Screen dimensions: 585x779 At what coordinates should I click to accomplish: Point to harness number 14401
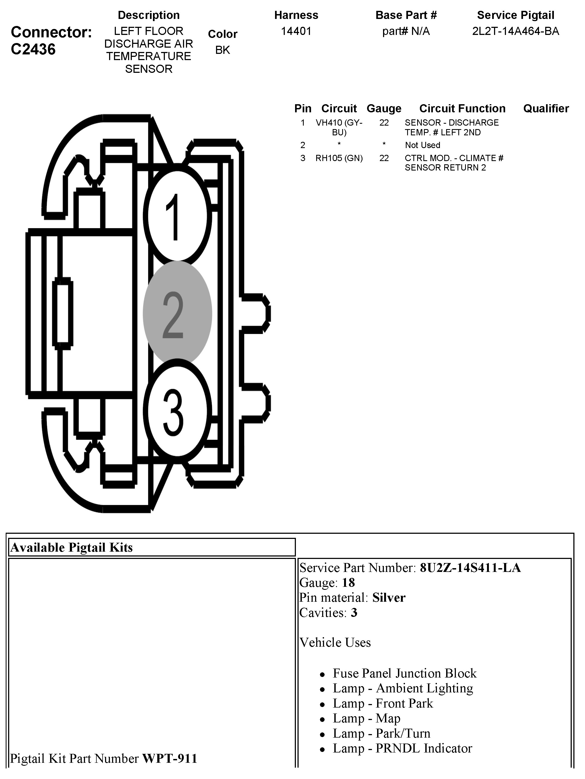(x=296, y=31)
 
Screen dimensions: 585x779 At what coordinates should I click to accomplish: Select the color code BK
(x=223, y=50)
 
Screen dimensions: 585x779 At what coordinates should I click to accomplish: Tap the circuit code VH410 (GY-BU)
(x=339, y=127)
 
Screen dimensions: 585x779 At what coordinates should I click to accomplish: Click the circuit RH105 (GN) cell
(x=339, y=158)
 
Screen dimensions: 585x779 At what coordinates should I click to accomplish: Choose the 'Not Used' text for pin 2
(x=422, y=145)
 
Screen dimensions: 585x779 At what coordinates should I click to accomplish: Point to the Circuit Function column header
(x=462, y=109)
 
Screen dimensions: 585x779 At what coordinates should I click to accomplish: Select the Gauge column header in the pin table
(x=384, y=109)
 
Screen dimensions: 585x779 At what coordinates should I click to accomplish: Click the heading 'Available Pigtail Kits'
(x=71, y=548)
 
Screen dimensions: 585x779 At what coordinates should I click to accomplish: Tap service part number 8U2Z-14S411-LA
(x=470, y=568)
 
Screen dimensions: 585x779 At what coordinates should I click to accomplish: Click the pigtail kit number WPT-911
(x=169, y=758)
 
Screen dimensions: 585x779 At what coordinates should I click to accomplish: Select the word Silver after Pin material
(x=389, y=598)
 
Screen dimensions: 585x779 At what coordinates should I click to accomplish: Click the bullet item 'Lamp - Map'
(x=366, y=718)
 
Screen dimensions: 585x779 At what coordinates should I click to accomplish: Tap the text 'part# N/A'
(x=406, y=31)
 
